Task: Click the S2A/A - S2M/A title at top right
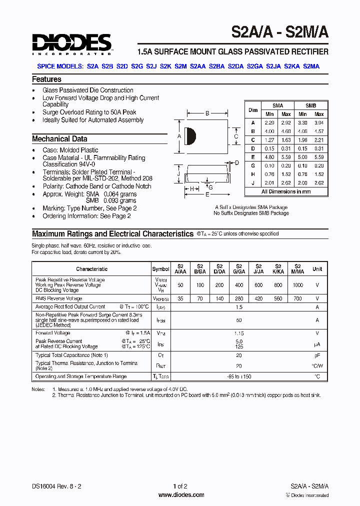[x=279, y=32]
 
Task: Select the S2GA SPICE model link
[x=254, y=66]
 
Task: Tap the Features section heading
[x=46, y=79]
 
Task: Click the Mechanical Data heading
[x=59, y=139]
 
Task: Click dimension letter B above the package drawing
[x=207, y=113]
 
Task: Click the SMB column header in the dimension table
[x=310, y=105]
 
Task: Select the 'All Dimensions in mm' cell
[x=286, y=191]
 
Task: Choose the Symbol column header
[x=160, y=269]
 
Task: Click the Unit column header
[x=317, y=269]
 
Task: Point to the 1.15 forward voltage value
[x=238, y=333]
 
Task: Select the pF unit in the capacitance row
[x=317, y=355]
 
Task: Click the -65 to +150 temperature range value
[x=238, y=376]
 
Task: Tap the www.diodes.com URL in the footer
[x=181, y=495]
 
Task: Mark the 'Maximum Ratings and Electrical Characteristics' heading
[x=112, y=233]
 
